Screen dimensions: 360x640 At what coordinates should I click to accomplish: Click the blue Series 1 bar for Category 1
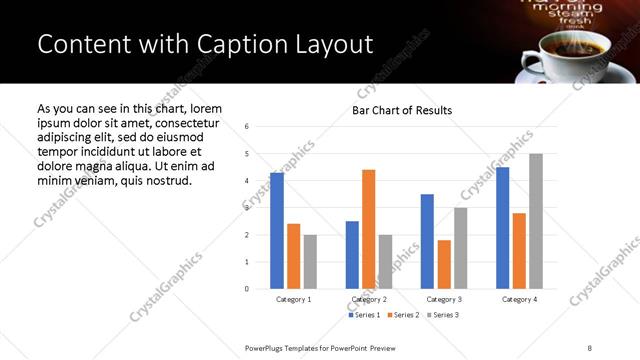[277, 231]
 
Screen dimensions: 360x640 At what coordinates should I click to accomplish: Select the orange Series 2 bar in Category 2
[368, 229]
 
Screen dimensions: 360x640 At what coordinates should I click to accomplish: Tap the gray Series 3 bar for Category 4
[536, 221]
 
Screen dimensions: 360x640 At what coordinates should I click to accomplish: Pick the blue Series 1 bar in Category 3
[427, 241]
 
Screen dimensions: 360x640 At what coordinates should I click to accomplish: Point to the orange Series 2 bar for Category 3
[444, 264]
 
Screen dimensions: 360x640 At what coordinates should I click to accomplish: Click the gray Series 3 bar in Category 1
[310, 262]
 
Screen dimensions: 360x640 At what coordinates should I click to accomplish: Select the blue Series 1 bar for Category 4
[502, 228]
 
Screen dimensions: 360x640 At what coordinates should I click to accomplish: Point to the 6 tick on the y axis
[246, 127]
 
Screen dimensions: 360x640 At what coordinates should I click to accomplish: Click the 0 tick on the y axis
[246, 289]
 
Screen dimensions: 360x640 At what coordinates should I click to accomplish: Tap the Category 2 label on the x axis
[369, 299]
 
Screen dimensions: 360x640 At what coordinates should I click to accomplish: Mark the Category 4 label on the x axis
[519, 299]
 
